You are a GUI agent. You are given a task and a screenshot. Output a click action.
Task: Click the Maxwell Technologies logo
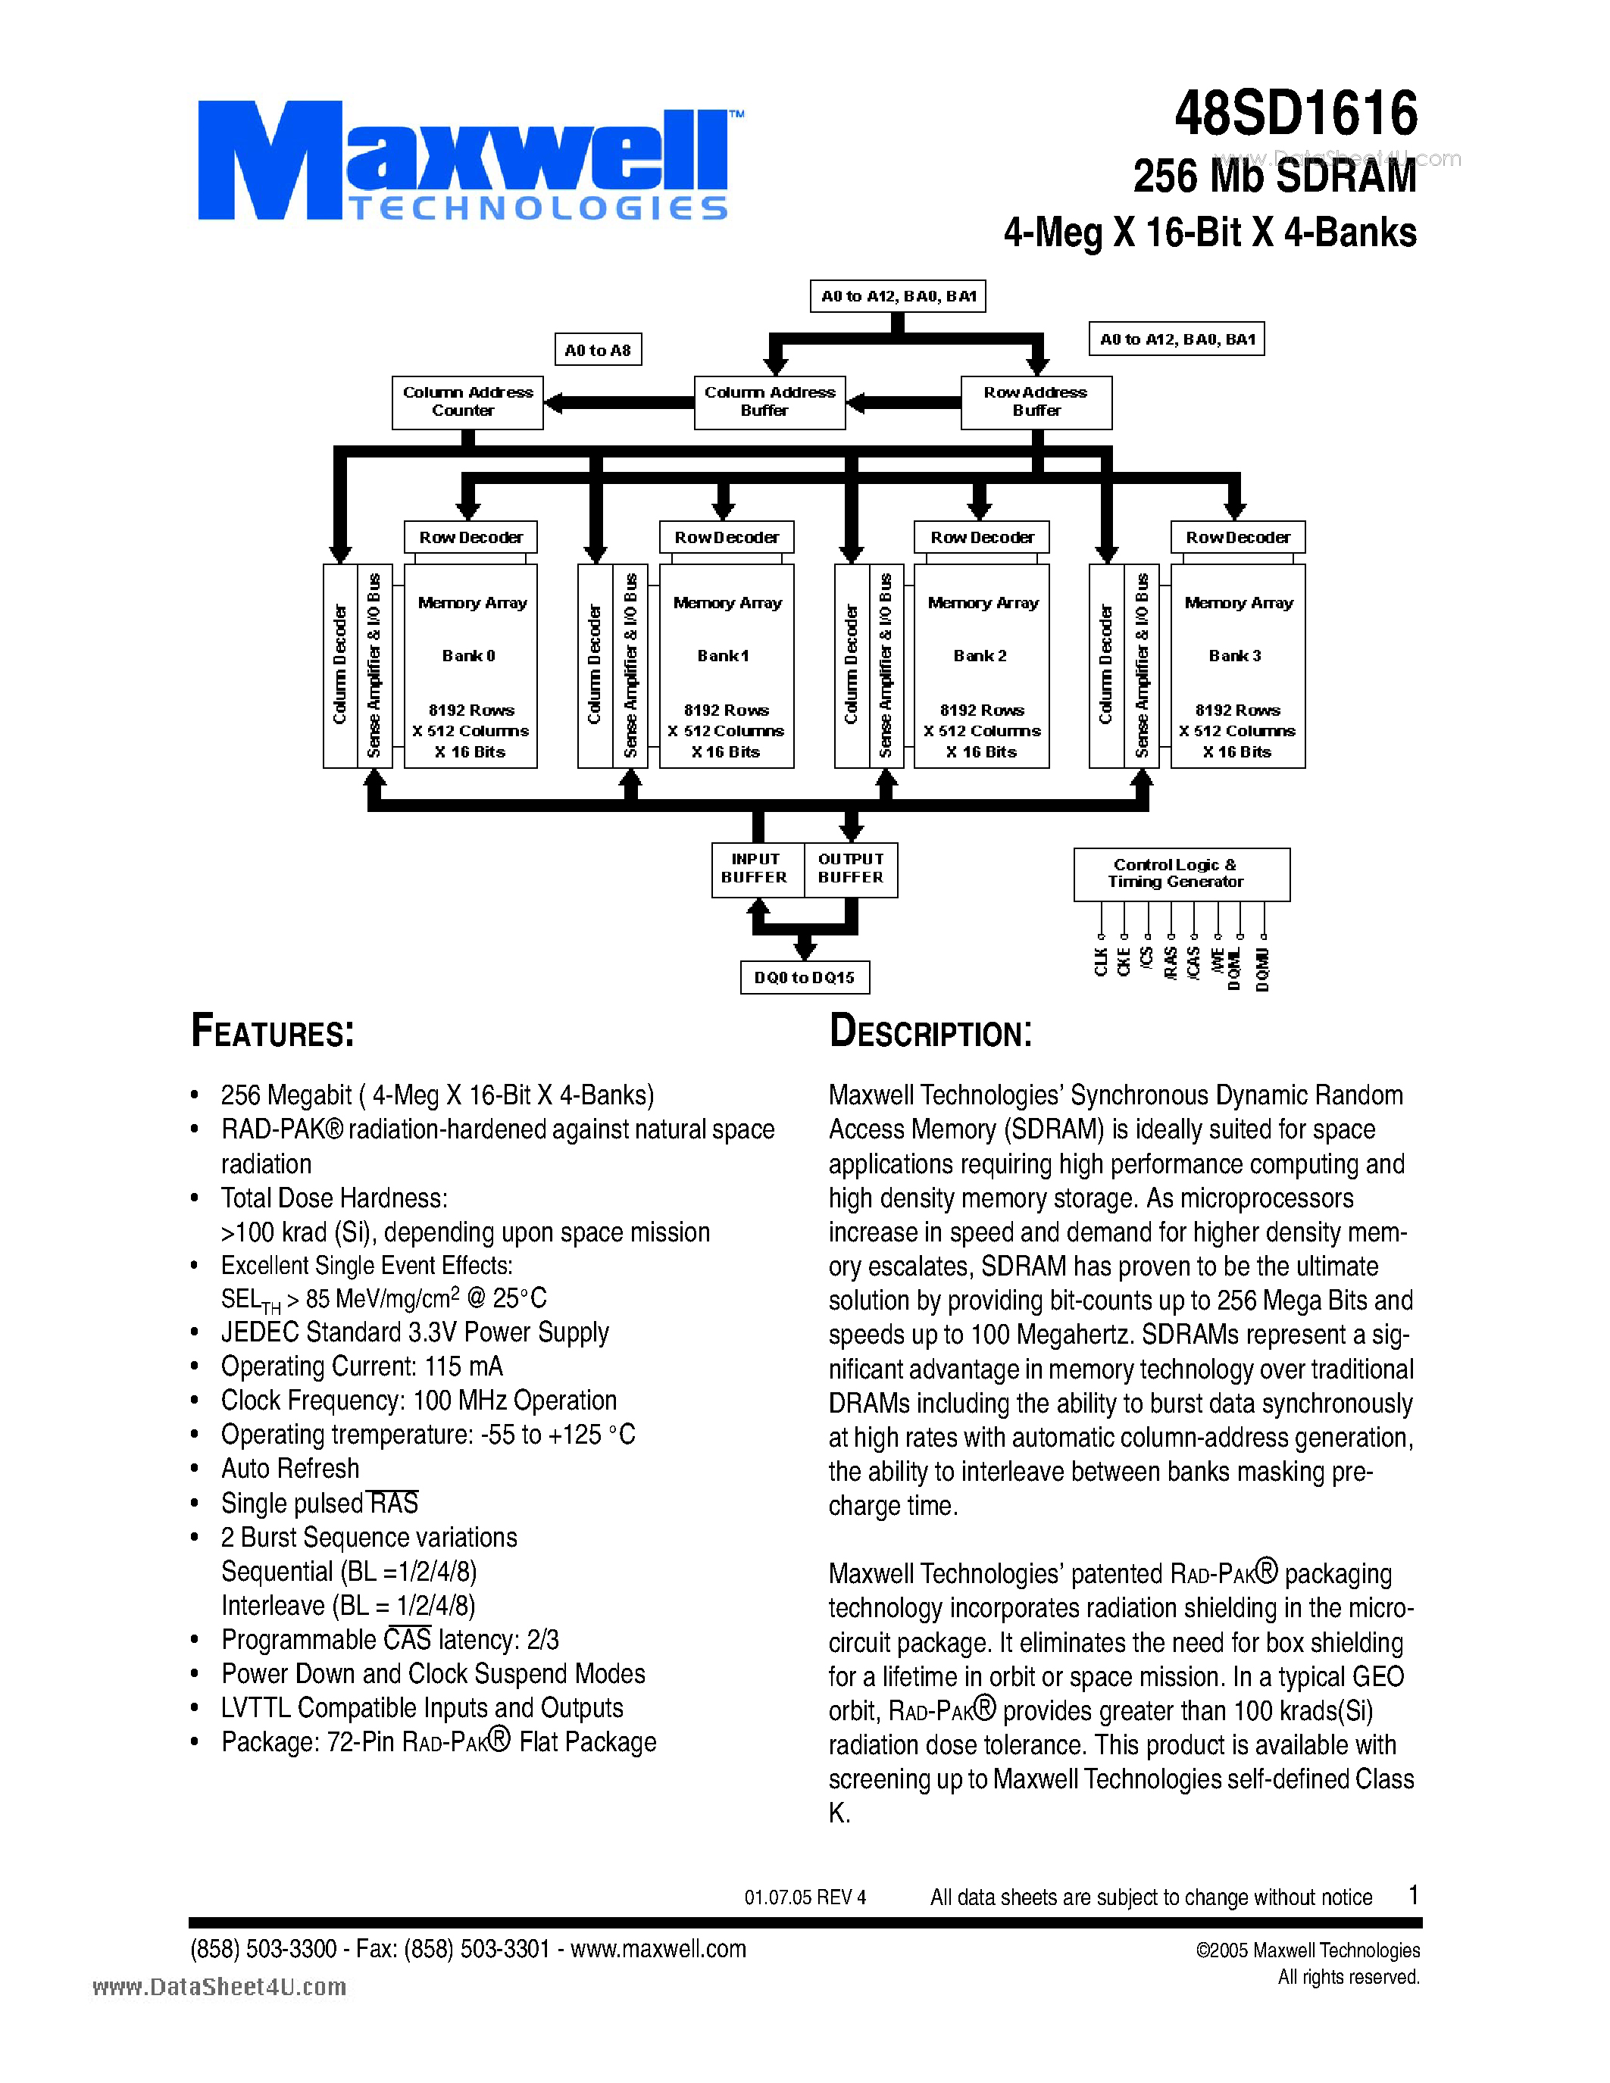[464, 162]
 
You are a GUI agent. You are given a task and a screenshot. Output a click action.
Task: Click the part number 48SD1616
[1296, 114]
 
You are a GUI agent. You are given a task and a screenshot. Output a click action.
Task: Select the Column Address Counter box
[467, 401]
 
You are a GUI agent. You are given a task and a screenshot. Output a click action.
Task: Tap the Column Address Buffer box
[769, 401]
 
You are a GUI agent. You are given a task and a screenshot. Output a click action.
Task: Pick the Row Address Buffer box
[1036, 401]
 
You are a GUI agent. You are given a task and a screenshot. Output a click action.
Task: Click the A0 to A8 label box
[598, 350]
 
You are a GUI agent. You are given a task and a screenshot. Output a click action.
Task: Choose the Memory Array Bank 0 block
[470, 666]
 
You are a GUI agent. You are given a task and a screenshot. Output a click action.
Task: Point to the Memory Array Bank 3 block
[1237, 666]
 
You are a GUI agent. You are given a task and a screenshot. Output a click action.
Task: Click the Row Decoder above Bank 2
[981, 537]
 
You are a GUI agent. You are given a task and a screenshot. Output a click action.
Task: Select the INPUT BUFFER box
[756, 869]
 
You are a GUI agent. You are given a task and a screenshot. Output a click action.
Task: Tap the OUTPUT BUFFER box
[851, 869]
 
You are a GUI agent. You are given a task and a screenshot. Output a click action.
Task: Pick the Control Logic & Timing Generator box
[1181, 873]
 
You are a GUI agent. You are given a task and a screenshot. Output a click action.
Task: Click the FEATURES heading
[273, 1032]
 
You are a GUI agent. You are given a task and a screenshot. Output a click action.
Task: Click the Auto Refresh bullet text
[290, 1469]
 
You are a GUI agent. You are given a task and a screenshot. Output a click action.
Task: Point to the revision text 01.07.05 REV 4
[805, 1897]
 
